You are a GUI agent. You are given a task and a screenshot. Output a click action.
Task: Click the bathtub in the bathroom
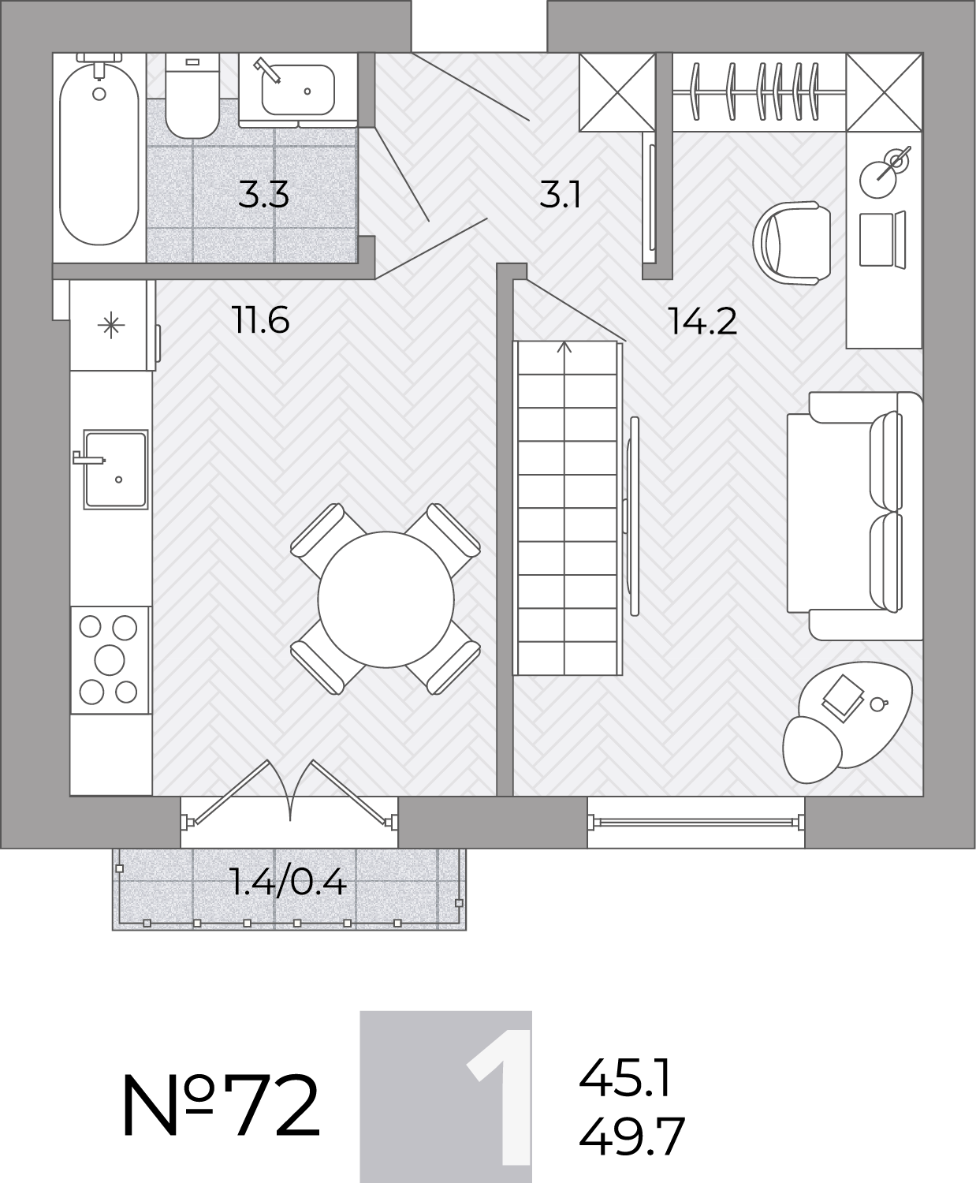tap(99, 154)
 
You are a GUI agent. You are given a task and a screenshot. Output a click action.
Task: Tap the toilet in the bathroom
tap(192, 95)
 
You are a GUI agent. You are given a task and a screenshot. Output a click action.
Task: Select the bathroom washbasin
tap(298, 90)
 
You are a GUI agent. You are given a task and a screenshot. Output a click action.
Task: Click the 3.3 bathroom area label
tap(263, 194)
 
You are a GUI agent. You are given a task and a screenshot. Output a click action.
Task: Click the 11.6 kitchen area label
tap(261, 319)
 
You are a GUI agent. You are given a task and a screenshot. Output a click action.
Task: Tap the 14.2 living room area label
tap(702, 321)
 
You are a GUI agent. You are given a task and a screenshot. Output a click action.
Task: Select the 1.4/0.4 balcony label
tap(289, 883)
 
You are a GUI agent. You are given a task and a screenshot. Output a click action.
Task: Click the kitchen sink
tap(115, 469)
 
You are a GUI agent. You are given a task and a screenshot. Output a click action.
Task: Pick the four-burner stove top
tap(110, 660)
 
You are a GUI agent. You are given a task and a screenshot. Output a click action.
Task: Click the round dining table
tap(386, 599)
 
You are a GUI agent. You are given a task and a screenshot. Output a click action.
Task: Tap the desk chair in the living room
tap(792, 243)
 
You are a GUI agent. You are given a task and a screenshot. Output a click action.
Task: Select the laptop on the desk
tap(882, 239)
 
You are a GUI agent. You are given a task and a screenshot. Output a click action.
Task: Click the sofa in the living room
tap(855, 516)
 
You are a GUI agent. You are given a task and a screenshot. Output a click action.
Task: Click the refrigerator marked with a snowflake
tap(112, 326)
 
